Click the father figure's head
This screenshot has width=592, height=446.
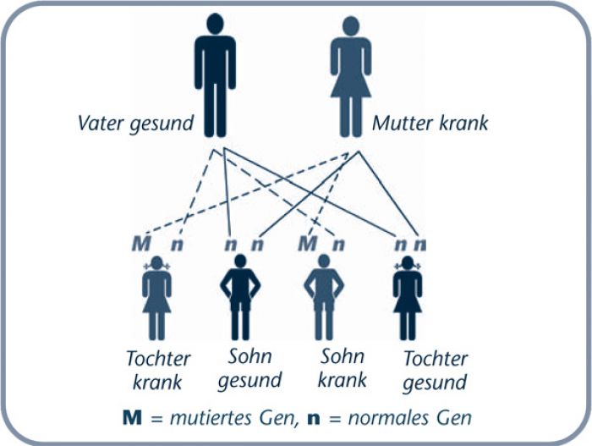click(x=215, y=24)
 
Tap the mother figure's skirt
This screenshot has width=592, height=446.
click(x=351, y=85)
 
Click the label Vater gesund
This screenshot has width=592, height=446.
click(x=135, y=124)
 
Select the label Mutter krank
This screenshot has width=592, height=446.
click(x=430, y=124)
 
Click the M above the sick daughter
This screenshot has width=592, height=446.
click(x=141, y=244)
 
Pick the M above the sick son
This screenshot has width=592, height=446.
click(x=307, y=244)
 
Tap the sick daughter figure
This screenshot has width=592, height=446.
click(x=156, y=298)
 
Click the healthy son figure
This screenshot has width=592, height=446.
click(x=240, y=297)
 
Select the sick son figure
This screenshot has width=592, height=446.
click(x=324, y=297)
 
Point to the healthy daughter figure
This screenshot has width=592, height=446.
click(x=408, y=298)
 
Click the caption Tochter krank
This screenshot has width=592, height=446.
click(x=158, y=370)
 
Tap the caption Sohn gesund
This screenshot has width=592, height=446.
click(x=249, y=369)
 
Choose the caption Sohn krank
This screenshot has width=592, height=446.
click(x=342, y=368)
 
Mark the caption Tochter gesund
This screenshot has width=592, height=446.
click(x=436, y=371)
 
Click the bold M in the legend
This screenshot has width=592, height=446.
click(x=132, y=418)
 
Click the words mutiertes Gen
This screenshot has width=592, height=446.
click(x=233, y=418)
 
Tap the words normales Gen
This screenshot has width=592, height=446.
click(x=410, y=418)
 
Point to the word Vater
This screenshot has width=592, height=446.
click(x=101, y=124)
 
